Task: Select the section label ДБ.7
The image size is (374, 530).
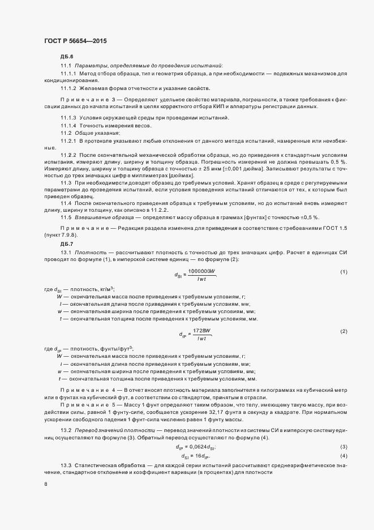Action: [x=66, y=244]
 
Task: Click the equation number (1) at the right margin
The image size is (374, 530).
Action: [x=343, y=273]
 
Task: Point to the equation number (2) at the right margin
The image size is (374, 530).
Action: [x=343, y=331]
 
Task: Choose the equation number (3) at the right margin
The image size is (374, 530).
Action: [x=343, y=416]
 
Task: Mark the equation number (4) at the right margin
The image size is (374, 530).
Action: [x=343, y=424]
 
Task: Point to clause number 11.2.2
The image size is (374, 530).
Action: [x=68, y=155]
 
